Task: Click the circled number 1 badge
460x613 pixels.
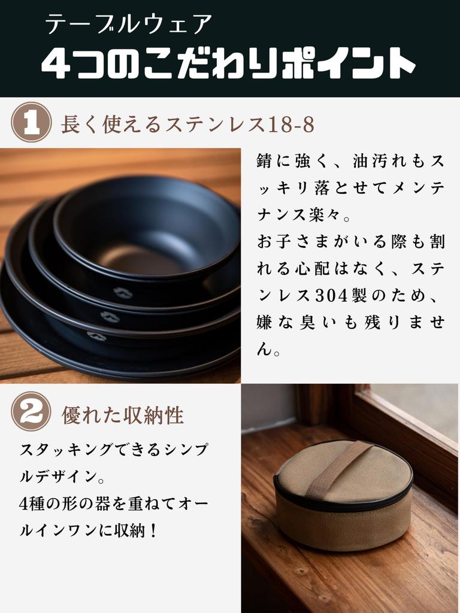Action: pyautogui.click(x=31, y=122)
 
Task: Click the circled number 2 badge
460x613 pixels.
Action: pyautogui.click(x=31, y=411)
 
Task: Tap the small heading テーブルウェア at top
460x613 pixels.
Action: pyautogui.click(x=129, y=25)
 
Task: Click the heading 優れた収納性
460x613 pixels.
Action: pyautogui.click(x=123, y=415)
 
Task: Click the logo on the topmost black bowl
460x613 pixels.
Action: pyautogui.click(x=123, y=293)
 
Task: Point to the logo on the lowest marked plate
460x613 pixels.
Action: pyautogui.click(x=96, y=336)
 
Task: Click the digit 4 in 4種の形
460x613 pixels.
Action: pyautogui.click(x=23, y=504)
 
